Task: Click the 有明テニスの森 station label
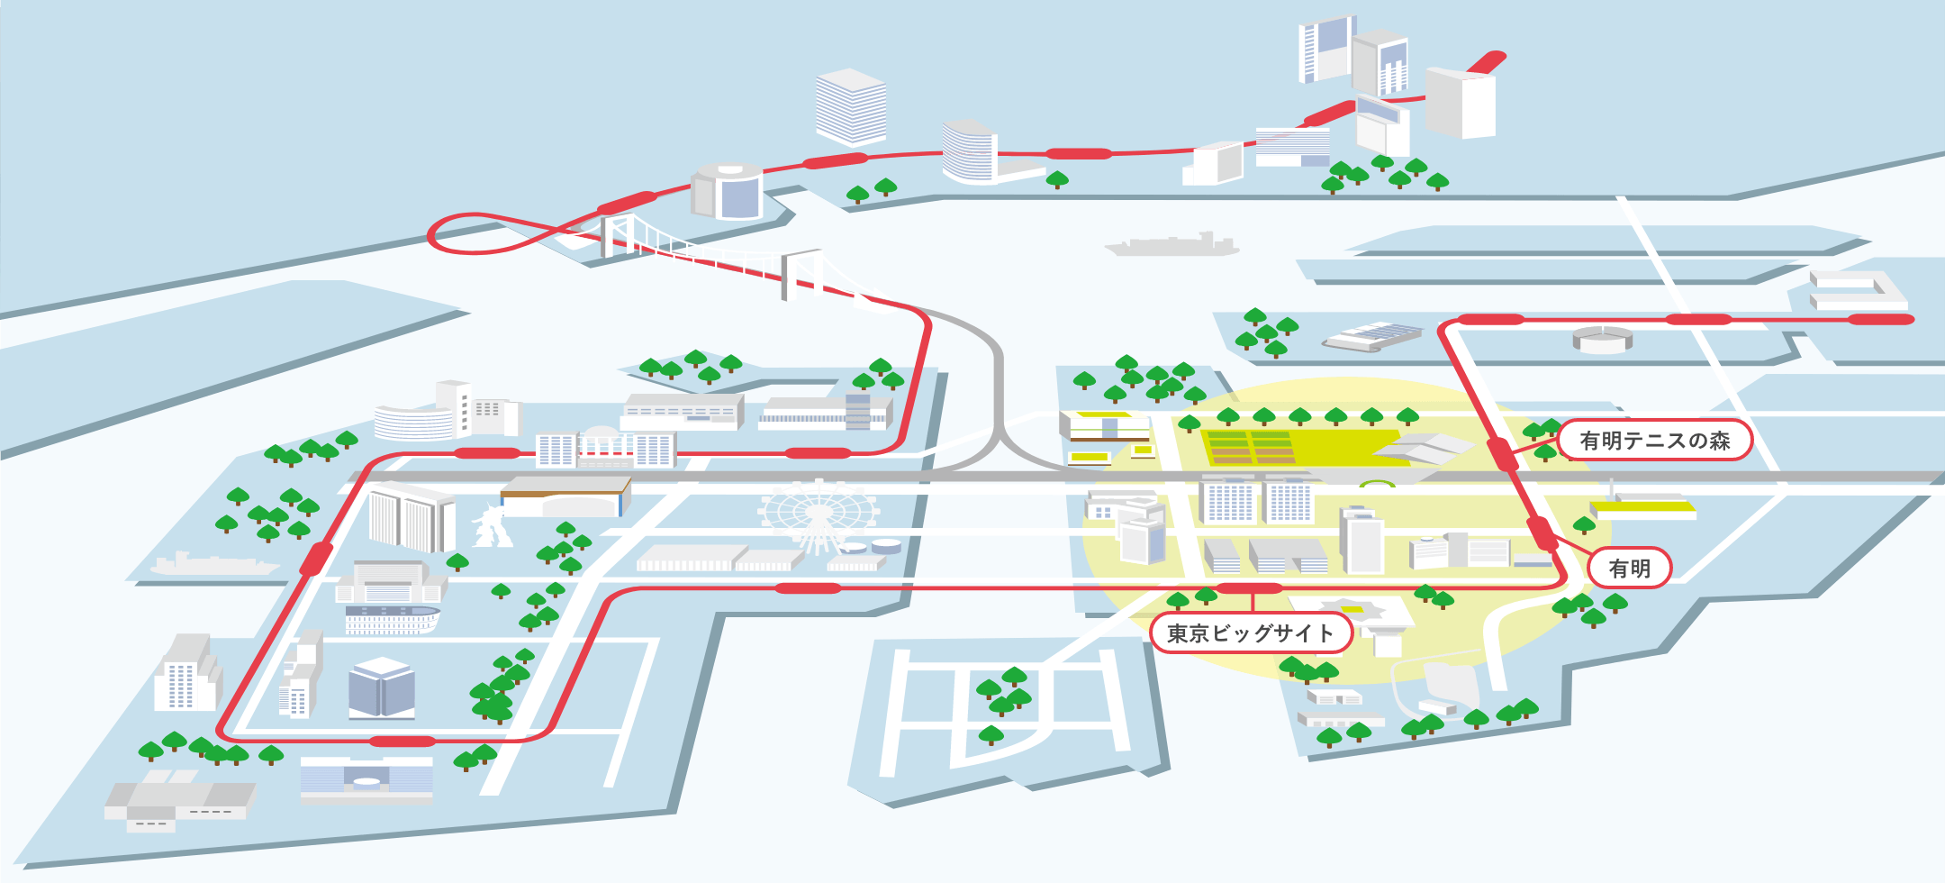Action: (1655, 440)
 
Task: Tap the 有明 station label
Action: (1630, 569)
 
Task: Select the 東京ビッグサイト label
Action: (1252, 633)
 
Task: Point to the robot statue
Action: (492, 525)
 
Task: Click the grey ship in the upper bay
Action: (1172, 244)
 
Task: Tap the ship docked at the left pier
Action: (215, 564)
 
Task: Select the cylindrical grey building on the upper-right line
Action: (1603, 339)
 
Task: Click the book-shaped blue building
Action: (382, 687)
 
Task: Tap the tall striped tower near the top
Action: (851, 107)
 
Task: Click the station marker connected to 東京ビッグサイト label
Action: (1250, 588)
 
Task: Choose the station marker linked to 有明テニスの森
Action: (1502, 453)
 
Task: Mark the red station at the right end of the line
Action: (1881, 319)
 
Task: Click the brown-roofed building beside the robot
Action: (565, 496)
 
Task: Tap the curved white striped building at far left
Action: (413, 422)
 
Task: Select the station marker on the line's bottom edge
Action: (403, 742)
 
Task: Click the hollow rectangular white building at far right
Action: (1858, 289)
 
